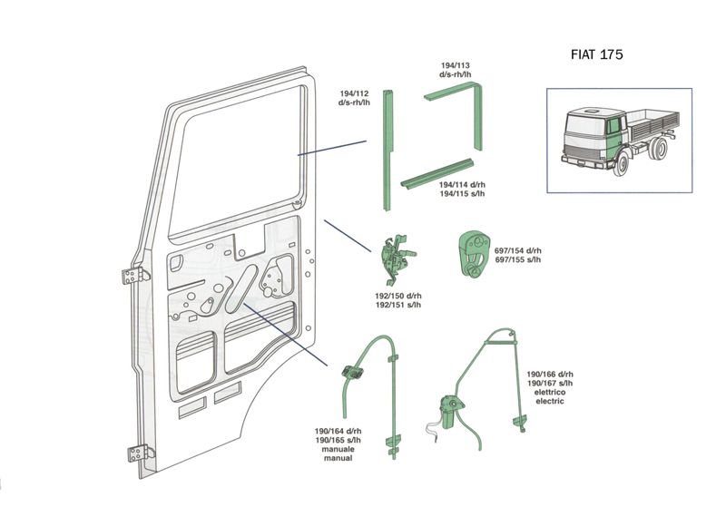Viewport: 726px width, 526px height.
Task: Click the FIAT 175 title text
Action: pos(596,54)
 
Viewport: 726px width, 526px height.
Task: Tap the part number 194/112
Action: pos(354,93)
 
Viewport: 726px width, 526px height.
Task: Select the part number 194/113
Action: pos(454,65)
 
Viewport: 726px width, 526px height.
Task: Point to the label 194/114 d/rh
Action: pos(462,184)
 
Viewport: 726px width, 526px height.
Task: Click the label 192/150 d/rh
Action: pos(397,296)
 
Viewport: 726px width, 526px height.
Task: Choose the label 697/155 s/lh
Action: pos(518,260)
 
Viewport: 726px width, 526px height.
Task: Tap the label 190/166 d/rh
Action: pos(550,375)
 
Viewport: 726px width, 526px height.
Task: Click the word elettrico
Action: pos(550,392)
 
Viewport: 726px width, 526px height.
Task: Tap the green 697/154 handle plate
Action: pos(472,253)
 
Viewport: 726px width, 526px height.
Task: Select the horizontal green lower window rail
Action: pos(439,171)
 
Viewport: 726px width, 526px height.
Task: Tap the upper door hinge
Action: pos(132,276)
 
